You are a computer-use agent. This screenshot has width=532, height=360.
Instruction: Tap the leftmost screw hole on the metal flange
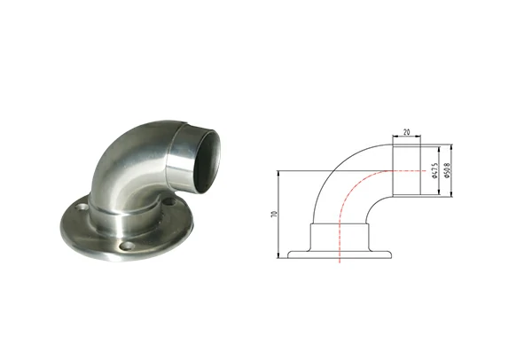[82, 211]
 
